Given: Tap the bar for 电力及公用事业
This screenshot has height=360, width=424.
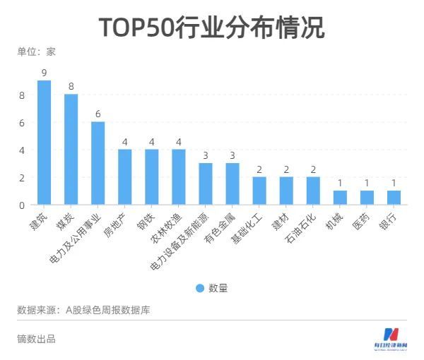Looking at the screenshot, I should pos(98,163).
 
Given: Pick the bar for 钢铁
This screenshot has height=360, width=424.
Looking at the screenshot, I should pos(151,177).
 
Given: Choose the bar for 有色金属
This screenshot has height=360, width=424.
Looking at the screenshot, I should pos(232,184).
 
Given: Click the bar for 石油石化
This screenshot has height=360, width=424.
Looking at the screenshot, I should pos(313,191).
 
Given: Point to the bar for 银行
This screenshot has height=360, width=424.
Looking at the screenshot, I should pos(394,198).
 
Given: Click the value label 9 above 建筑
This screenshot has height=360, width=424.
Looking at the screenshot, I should pos(44,73).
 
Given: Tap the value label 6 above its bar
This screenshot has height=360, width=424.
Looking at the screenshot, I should pos(98,114).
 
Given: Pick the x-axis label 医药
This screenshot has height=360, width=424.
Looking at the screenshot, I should pos(360,221).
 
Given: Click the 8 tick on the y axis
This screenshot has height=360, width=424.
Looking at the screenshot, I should pos(22,95).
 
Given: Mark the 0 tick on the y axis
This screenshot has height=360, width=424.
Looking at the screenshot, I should pos(22,205).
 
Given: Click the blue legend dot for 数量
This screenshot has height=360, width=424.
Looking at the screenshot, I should pos(199,288).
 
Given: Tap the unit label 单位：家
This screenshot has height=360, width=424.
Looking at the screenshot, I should pos(37,51).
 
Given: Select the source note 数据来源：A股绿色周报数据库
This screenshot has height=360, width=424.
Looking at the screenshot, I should pos(83,310).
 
